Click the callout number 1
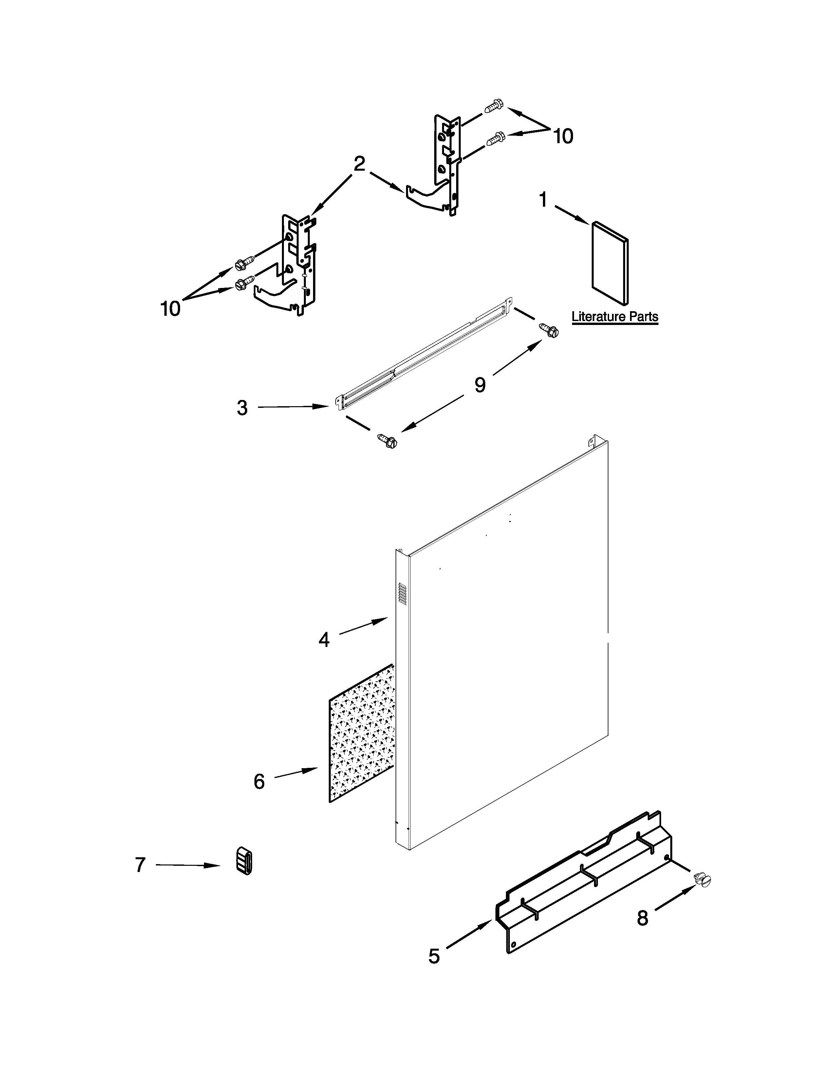(x=543, y=200)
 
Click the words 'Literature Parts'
(x=615, y=316)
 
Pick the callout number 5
(x=434, y=956)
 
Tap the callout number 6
(x=259, y=781)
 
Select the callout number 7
(x=140, y=865)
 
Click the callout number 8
(x=642, y=918)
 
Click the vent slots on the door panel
(x=402, y=594)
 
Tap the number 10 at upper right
(x=563, y=136)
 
